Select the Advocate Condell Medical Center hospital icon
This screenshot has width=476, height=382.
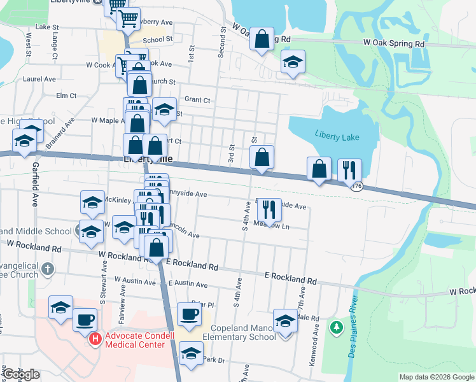(95, 338)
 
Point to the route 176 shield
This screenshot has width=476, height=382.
(358, 186)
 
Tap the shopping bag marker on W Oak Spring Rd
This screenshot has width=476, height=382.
(262, 39)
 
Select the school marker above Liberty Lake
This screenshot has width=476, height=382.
(293, 62)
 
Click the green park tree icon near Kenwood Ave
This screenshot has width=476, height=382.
(335, 328)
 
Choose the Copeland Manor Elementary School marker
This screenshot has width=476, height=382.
(285, 321)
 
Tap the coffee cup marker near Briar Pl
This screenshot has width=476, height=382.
(188, 313)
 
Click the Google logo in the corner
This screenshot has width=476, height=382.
(21, 374)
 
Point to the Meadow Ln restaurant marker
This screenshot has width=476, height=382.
(270, 209)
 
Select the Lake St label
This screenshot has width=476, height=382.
(46, 27)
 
